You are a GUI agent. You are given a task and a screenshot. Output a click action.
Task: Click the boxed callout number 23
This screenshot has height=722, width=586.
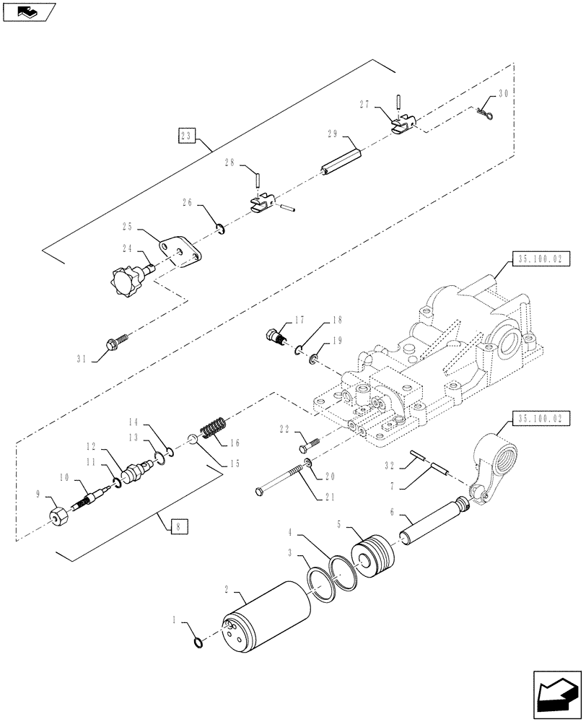[187, 135]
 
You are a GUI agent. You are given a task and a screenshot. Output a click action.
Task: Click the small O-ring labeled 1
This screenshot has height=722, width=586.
[198, 640]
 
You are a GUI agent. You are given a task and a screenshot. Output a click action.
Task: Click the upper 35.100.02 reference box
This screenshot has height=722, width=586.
[540, 258]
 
